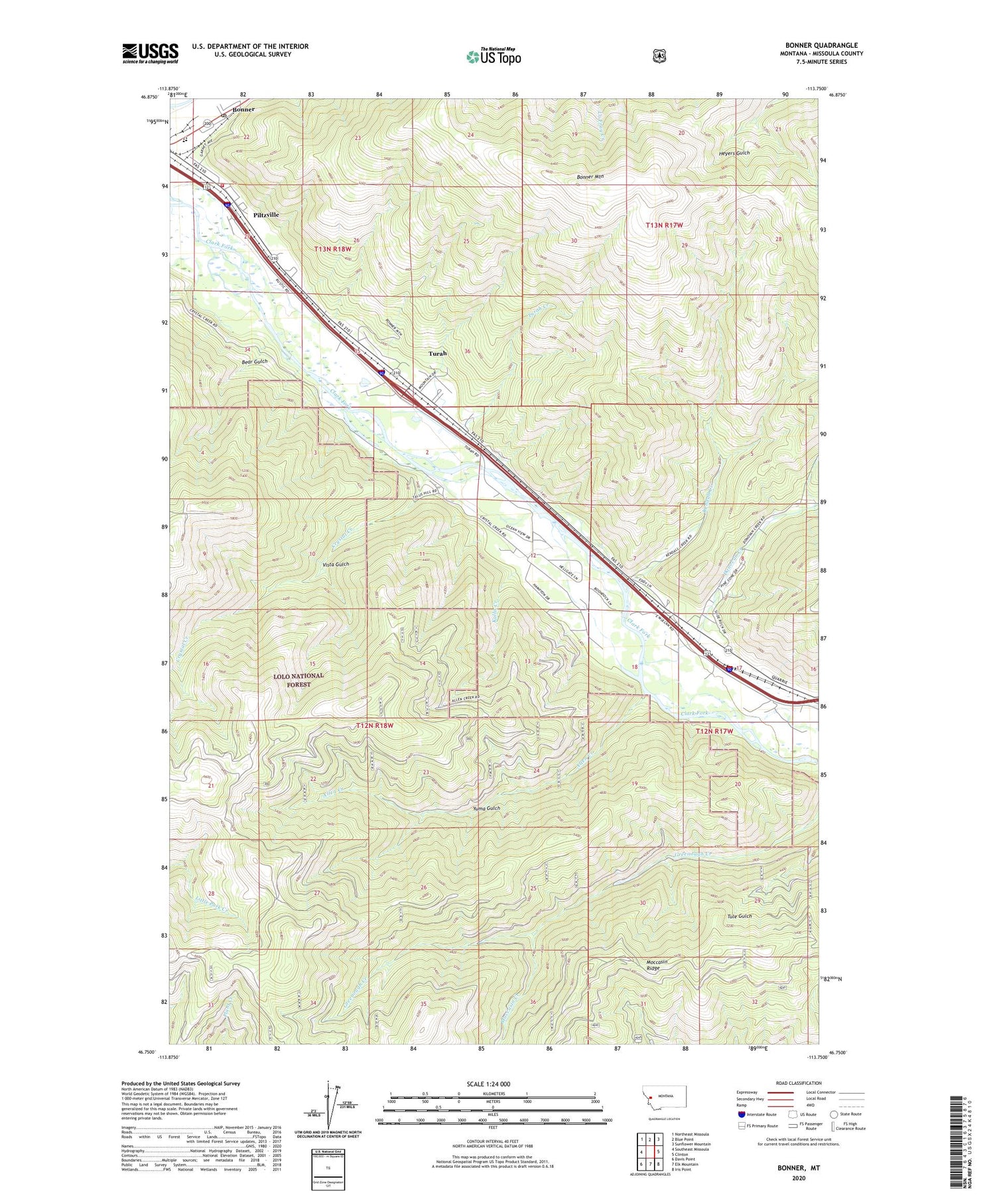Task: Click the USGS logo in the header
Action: pos(150,53)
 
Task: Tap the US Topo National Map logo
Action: pos(494,56)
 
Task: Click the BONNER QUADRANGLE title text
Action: pos(821,45)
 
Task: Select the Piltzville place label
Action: pos(266,215)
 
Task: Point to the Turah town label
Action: pos(437,354)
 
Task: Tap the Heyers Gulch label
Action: pos(734,153)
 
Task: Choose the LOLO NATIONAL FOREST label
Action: pos(298,679)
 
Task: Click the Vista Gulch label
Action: pos(336,564)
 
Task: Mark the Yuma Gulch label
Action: pos(486,808)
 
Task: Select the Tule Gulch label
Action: pos(739,916)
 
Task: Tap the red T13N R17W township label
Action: pos(664,226)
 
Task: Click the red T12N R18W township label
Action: pos(375,725)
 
